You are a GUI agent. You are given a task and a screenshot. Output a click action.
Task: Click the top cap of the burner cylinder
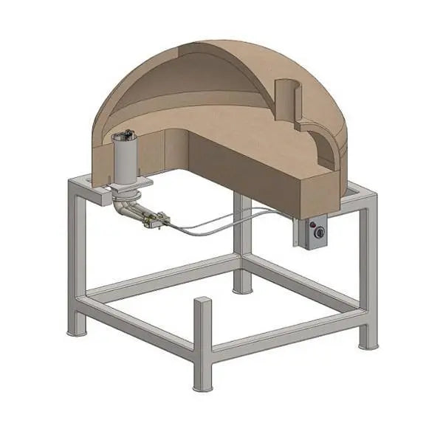(x=124, y=137)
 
